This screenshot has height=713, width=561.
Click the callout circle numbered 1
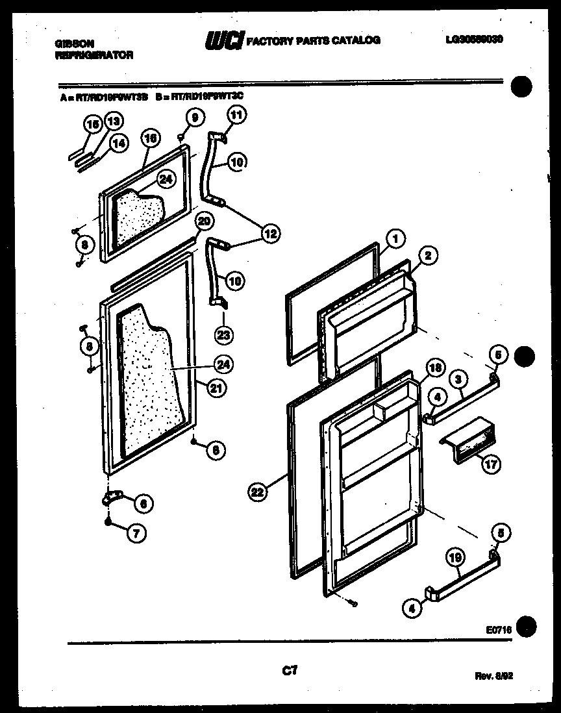[395, 238]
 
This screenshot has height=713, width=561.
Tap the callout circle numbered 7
[136, 533]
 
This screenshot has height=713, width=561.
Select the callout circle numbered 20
[204, 221]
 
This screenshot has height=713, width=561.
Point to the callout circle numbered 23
[223, 335]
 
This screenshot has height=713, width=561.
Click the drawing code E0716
[497, 629]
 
